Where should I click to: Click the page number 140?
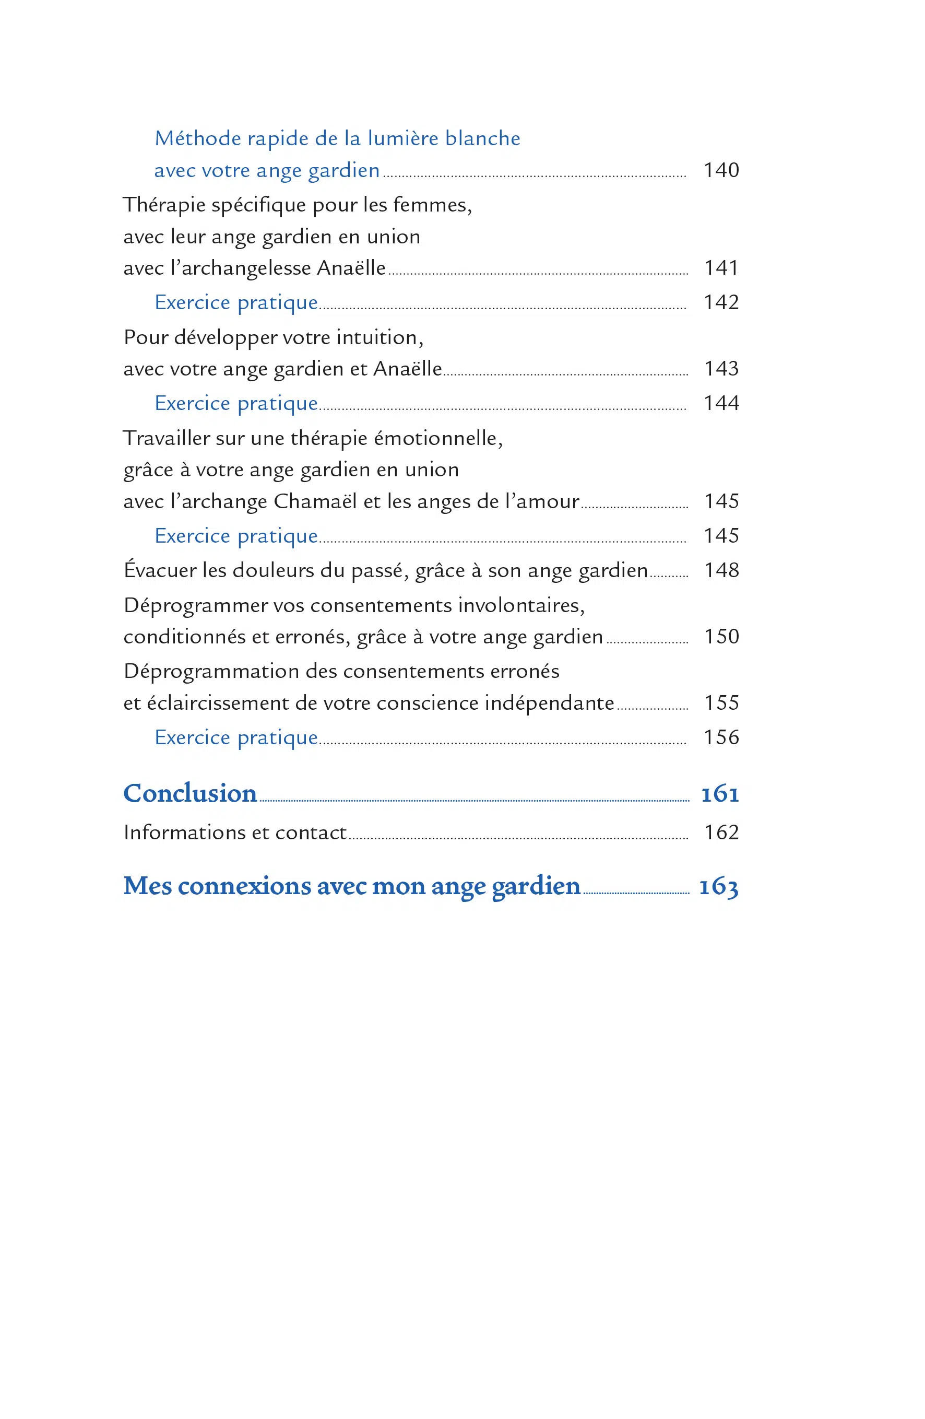[x=721, y=170]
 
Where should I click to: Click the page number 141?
[x=721, y=268]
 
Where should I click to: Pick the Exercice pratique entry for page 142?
[x=236, y=303]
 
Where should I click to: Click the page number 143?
[x=721, y=369]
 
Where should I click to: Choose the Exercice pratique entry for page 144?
[x=236, y=404]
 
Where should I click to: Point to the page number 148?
[x=721, y=571]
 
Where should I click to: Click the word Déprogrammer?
[x=195, y=606]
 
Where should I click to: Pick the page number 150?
[x=721, y=637]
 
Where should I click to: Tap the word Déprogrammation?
[x=211, y=672]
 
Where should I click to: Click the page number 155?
[x=721, y=703]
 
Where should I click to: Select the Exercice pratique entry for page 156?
[x=236, y=738]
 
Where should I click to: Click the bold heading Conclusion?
[x=190, y=793]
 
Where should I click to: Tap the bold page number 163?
[x=719, y=887]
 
